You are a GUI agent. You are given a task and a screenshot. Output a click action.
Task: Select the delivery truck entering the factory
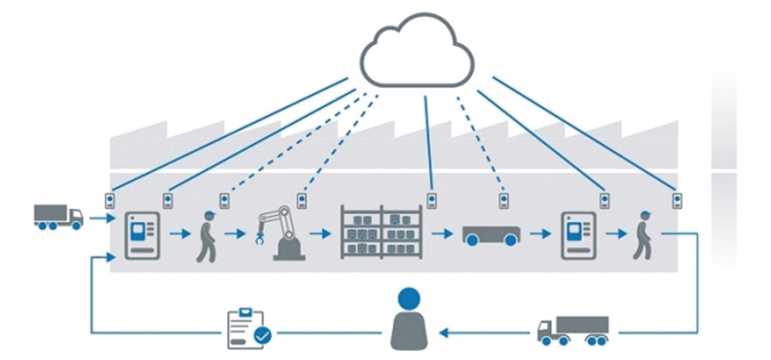click(x=58, y=217)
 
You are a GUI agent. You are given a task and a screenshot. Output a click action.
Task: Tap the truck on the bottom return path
click(x=572, y=330)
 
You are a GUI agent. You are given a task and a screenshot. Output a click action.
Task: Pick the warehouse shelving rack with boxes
click(x=381, y=232)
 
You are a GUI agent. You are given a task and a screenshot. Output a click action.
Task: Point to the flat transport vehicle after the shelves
click(x=490, y=234)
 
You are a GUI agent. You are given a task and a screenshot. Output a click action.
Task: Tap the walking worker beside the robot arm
click(x=206, y=235)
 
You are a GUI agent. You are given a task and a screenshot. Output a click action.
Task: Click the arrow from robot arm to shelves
click(x=319, y=232)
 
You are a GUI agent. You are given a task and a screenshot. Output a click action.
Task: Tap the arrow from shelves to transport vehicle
click(x=442, y=232)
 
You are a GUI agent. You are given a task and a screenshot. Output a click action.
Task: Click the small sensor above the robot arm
click(x=302, y=201)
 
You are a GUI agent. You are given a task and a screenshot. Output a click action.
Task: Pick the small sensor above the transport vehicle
click(x=504, y=201)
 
